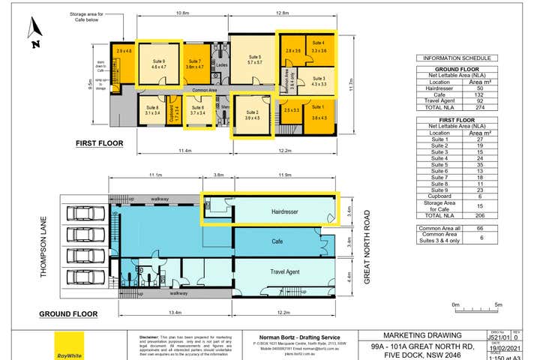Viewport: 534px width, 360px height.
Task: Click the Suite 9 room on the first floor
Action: click(159, 63)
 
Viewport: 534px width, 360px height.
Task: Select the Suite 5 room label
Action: click(255, 61)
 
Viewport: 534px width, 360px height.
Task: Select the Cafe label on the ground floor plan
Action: click(277, 242)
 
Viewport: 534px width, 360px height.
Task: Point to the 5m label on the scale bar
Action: click(499, 304)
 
